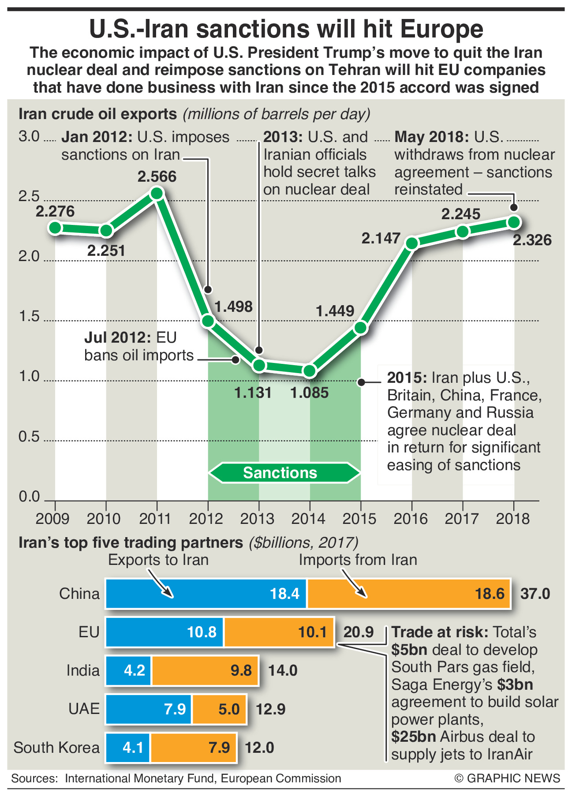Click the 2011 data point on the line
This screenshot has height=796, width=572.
[x=157, y=194]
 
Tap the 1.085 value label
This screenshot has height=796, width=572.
[x=310, y=392]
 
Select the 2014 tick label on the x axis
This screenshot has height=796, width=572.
[x=309, y=519]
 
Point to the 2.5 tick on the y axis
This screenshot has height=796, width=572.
[x=29, y=197]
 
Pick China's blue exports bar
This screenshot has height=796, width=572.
[x=206, y=594]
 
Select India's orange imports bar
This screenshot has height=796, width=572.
[x=205, y=671]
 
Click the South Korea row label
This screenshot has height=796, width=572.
[x=56, y=748]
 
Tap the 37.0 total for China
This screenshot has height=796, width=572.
[x=535, y=594]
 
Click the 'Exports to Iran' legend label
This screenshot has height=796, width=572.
[x=158, y=560]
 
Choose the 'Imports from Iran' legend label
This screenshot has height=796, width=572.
[x=358, y=560]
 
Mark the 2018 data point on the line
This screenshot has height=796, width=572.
[x=514, y=222]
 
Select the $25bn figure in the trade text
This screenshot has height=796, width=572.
[x=414, y=736]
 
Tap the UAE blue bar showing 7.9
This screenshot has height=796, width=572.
[x=149, y=709]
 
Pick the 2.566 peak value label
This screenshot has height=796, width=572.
[x=157, y=176]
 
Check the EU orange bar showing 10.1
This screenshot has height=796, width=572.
[x=279, y=632]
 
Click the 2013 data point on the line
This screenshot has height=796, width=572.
[x=259, y=365]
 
